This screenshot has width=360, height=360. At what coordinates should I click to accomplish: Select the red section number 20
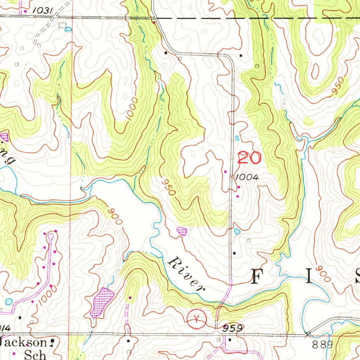click(x=249, y=158)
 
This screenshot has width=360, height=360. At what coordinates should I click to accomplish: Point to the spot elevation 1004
click(x=247, y=178)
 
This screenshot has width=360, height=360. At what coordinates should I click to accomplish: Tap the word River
click(x=186, y=275)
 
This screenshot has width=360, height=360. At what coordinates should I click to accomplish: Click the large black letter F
click(x=259, y=276)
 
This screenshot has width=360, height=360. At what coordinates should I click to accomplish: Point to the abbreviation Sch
click(x=35, y=354)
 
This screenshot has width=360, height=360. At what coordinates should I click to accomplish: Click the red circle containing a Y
click(x=197, y=319)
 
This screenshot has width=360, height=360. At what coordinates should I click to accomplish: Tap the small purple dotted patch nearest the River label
click(x=181, y=231)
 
